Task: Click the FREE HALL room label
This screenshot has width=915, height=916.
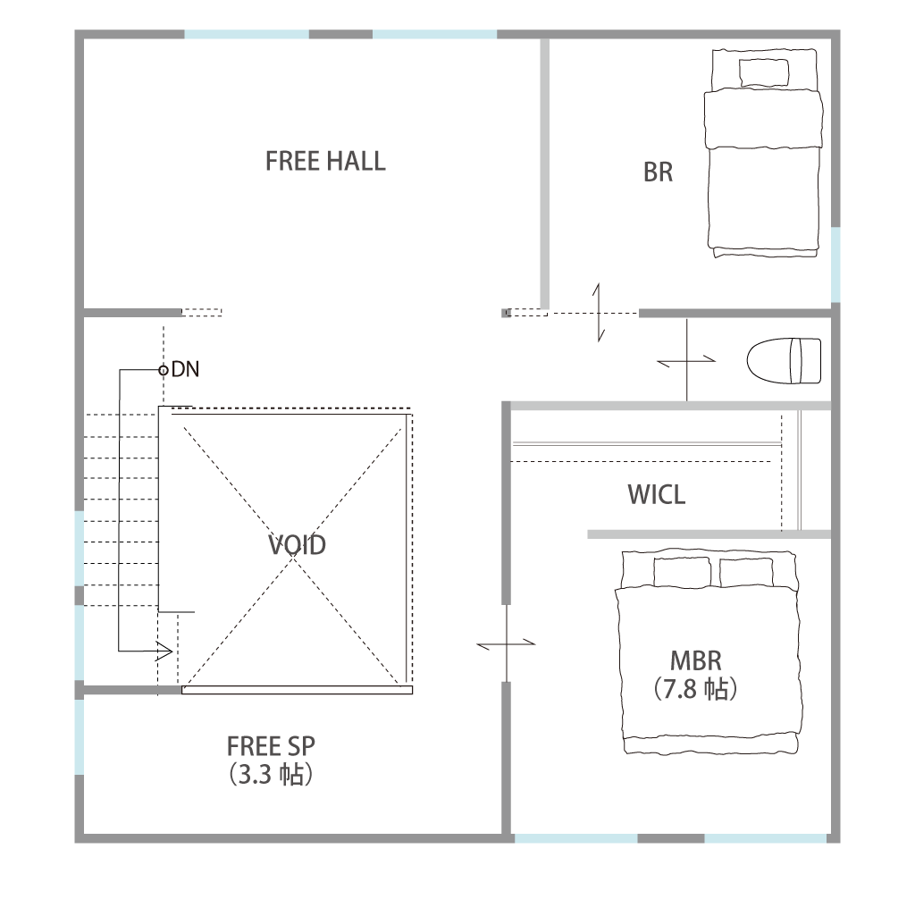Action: (x=325, y=161)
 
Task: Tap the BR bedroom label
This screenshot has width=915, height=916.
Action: (x=658, y=172)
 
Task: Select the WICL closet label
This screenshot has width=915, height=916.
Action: (x=656, y=495)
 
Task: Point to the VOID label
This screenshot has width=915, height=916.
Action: (x=297, y=545)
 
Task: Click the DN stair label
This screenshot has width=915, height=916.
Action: (x=185, y=369)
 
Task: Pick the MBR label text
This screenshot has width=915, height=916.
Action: (x=695, y=660)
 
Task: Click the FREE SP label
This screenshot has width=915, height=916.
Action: (x=271, y=746)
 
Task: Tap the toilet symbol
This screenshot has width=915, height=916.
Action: (x=785, y=361)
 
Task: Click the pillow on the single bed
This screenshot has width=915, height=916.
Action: (x=764, y=73)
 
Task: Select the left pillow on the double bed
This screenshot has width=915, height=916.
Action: (x=682, y=573)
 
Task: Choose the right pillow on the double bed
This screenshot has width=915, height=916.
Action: (x=746, y=573)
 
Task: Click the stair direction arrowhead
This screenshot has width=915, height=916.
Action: (x=164, y=651)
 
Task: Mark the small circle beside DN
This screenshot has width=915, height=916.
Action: (x=164, y=370)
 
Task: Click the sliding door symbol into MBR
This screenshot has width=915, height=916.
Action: (x=506, y=643)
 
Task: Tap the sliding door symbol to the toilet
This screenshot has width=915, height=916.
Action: (x=686, y=360)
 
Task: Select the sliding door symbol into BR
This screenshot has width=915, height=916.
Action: (x=599, y=313)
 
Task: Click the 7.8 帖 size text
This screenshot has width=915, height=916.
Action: (x=695, y=689)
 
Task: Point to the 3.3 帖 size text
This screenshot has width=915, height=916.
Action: (x=271, y=775)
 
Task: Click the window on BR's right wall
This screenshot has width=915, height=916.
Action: (x=835, y=265)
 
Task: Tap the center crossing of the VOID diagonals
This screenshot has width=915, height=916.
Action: (x=293, y=556)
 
